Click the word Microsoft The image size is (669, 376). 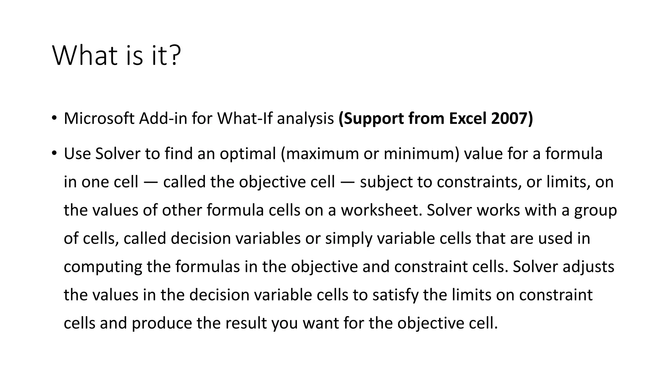click(99, 118)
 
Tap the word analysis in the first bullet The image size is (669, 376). click(305, 119)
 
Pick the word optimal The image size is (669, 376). click(248, 154)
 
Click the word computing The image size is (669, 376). click(103, 267)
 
